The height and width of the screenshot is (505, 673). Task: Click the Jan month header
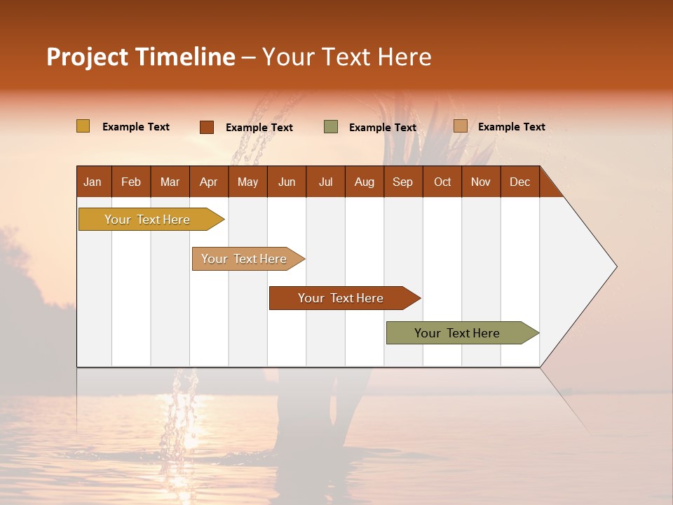click(x=93, y=182)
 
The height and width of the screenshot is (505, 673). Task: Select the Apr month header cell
click(x=208, y=182)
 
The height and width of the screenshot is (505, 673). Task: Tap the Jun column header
click(x=287, y=182)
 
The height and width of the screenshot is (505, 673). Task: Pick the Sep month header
click(x=402, y=182)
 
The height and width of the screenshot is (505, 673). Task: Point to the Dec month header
click(x=519, y=182)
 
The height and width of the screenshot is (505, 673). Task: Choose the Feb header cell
click(x=131, y=182)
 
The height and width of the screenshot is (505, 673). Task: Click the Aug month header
click(x=364, y=182)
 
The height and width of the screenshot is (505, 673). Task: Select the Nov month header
click(x=480, y=182)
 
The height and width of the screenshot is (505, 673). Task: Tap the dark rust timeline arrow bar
click(x=341, y=298)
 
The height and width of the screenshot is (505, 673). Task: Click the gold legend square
click(x=83, y=126)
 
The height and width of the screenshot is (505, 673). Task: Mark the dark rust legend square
click(x=207, y=127)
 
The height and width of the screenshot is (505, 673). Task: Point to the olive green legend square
click(x=331, y=127)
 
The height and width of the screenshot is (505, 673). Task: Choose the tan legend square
click(x=461, y=126)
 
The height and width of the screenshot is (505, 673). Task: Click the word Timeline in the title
click(x=184, y=57)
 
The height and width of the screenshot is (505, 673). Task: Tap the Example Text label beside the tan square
click(x=511, y=127)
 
